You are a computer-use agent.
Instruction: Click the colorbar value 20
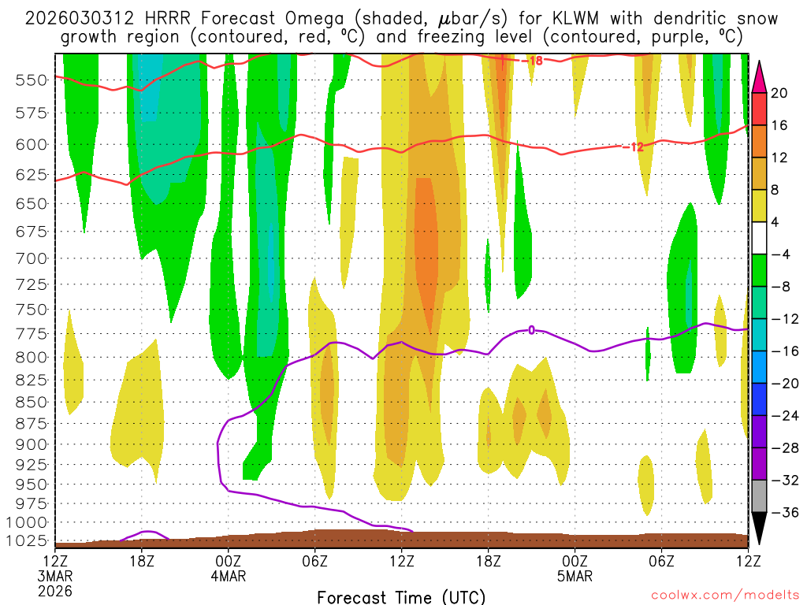point(779,93)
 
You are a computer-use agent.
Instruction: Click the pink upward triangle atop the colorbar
point(760,75)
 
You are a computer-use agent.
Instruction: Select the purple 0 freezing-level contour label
point(531,330)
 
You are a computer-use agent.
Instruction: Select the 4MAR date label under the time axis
point(228,576)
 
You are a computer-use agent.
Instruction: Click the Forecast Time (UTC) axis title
point(401,596)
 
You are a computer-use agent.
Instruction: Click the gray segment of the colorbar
point(760,496)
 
